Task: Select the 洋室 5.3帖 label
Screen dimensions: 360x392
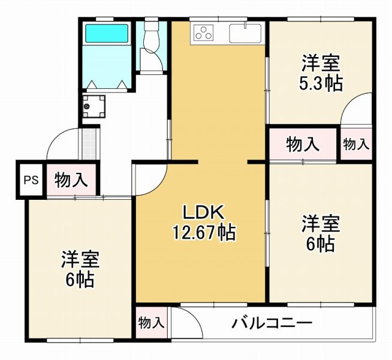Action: pos(321,73)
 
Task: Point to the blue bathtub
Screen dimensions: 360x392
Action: pos(107,33)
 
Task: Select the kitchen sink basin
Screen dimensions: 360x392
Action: pos(245,33)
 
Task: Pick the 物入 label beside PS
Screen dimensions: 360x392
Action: pos(71,179)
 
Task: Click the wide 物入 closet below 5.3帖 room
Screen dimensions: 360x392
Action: pos(303,144)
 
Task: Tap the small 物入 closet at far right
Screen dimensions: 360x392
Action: pos(356,145)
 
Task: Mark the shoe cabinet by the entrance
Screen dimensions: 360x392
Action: pos(89,144)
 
